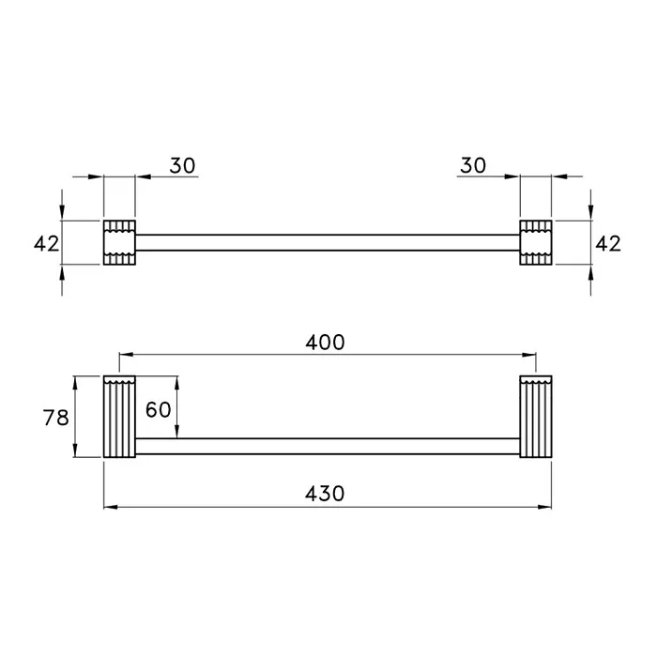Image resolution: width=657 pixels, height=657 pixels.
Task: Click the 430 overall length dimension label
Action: (x=325, y=494)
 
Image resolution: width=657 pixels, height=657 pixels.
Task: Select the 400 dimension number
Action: (x=325, y=343)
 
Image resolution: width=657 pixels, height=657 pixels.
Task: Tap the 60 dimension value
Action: (x=159, y=409)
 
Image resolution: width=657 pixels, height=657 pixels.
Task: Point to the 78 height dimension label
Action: (x=55, y=418)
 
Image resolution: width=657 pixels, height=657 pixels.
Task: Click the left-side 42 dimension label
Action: (x=47, y=243)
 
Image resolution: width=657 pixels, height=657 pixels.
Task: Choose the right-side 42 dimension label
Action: (x=608, y=243)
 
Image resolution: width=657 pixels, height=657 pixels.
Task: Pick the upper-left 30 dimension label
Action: (x=182, y=165)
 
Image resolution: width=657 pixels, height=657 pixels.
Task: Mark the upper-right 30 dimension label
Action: (x=473, y=165)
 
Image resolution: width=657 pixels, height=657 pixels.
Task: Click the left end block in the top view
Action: (x=119, y=242)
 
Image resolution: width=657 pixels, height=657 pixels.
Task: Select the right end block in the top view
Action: (x=536, y=242)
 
